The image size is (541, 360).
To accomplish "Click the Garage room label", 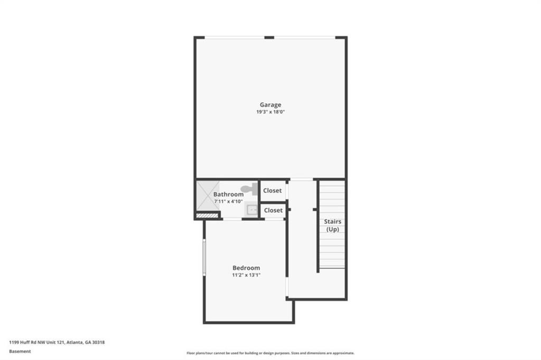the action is pos(270,105).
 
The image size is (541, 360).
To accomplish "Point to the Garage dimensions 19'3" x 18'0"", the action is pos(270,112).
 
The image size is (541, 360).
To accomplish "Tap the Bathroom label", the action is pos(228,194).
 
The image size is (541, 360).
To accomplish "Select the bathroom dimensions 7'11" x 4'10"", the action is pos(228,202).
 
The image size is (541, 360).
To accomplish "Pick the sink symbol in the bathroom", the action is pos(251,210).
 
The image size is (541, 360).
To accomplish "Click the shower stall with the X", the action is pos(208,195).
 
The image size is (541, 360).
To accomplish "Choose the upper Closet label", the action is pos(272,191).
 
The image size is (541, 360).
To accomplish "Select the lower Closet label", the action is pos(273,210).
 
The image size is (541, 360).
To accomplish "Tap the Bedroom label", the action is pos(246,268).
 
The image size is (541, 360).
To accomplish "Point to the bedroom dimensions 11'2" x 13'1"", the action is pos(246,275).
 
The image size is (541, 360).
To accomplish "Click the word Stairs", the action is pos(333,221).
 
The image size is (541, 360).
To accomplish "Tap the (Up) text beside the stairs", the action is pos(333,229).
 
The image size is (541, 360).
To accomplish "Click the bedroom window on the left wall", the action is pos(204,257).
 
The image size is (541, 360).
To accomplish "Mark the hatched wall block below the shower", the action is pos(207,215).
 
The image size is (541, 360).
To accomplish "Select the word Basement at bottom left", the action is pos(20,352).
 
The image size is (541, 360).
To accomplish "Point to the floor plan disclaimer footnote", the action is pos(270,353).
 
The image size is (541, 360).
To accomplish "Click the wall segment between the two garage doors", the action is pos(269,37).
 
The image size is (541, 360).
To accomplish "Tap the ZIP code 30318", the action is pos(99,343).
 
